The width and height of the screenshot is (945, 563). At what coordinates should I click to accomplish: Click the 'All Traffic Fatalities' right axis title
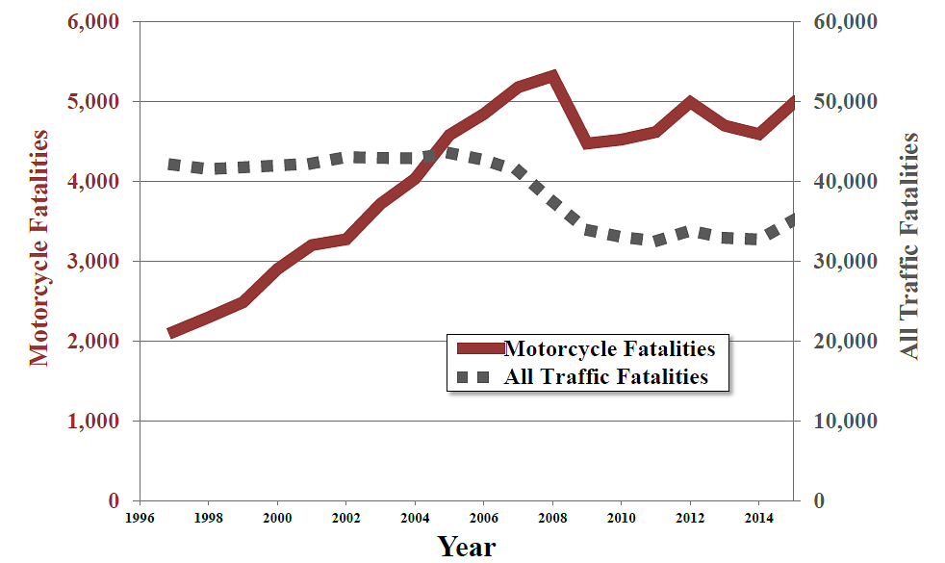tap(908, 246)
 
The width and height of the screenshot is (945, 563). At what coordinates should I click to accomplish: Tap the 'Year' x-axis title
tap(467, 547)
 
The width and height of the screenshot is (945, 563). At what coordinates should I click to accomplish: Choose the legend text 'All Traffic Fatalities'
tap(606, 376)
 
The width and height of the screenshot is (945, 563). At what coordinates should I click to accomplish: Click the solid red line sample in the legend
tap(478, 347)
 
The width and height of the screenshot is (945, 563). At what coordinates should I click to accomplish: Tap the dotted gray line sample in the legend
tap(478, 376)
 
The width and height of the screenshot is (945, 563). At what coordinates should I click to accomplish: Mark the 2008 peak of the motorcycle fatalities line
tap(552, 76)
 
